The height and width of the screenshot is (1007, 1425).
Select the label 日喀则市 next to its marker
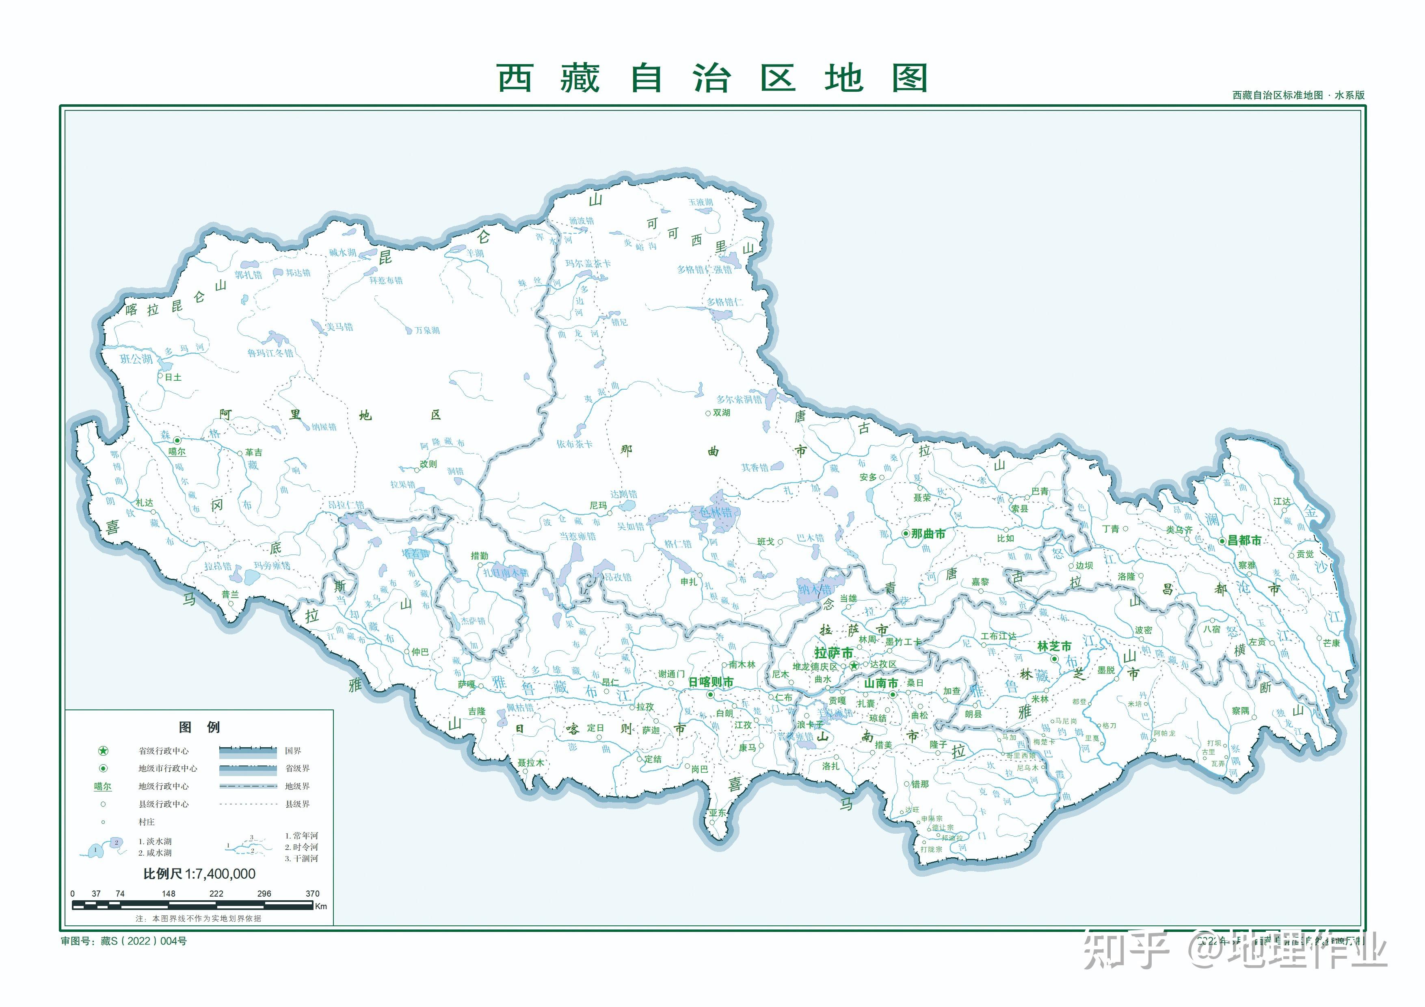click(x=711, y=682)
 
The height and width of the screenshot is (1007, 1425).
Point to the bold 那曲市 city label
click(x=928, y=534)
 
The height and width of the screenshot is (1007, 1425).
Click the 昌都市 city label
click(x=1244, y=540)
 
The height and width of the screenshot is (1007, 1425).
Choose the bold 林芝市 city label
click(x=1054, y=646)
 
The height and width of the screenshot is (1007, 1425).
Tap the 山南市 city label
click(x=881, y=683)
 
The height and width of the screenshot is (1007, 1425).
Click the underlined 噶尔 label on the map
click(x=177, y=452)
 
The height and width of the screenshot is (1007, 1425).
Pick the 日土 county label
click(x=173, y=377)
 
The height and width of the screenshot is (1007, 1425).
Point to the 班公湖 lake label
click(x=136, y=359)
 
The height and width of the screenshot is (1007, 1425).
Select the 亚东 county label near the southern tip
click(x=718, y=813)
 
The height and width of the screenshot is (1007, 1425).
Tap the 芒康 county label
click(x=1331, y=643)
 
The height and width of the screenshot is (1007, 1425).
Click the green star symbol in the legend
click(x=103, y=751)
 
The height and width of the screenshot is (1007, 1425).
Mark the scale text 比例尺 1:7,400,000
click(x=199, y=873)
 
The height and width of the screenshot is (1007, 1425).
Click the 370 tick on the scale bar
click(x=312, y=893)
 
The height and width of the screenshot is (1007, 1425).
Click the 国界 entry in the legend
click(x=292, y=751)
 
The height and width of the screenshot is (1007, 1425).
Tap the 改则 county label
click(x=428, y=464)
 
